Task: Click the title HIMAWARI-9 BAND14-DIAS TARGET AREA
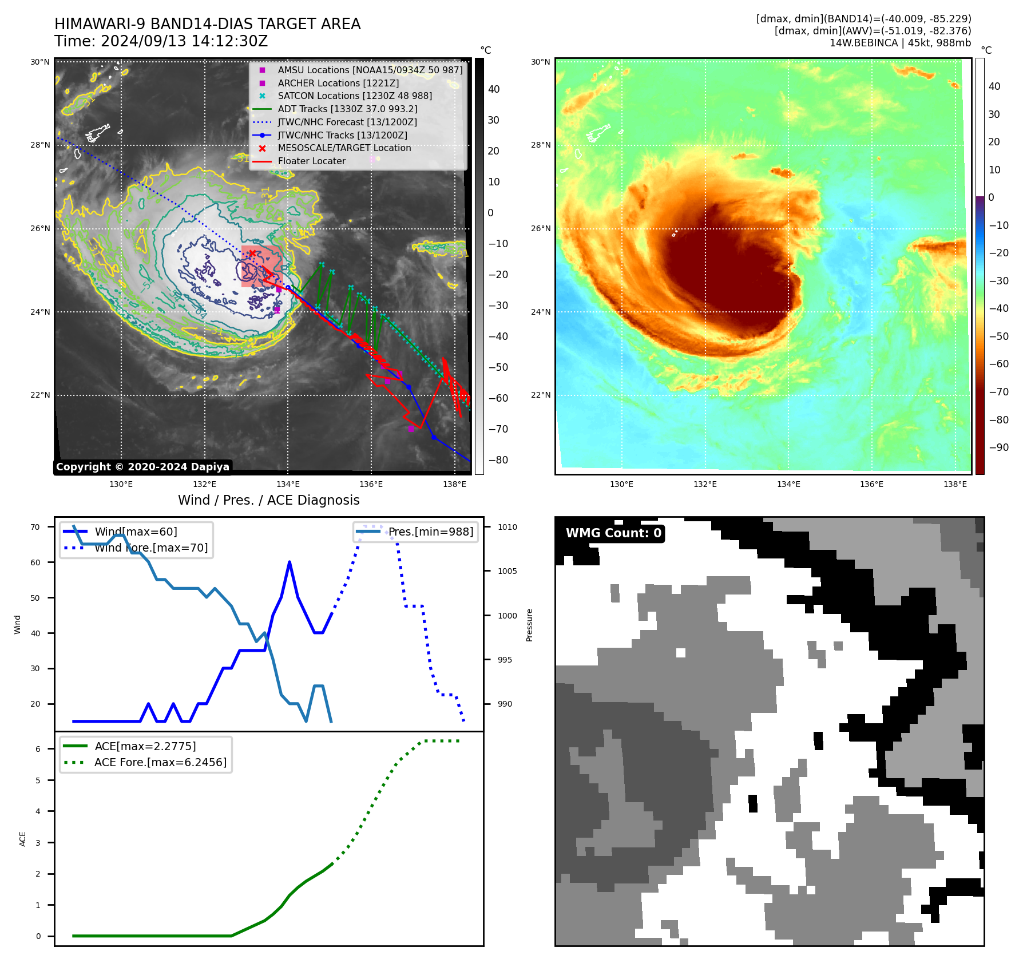pyautogui.click(x=207, y=24)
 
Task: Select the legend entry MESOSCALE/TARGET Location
pyautogui.click(x=344, y=148)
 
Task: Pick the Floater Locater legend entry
pyautogui.click(x=311, y=161)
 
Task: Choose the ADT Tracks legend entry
pyautogui.click(x=347, y=109)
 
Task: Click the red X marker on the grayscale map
pyautogui.click(x=252, y=253)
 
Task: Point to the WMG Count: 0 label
pyautogui.click(x=613, y=533)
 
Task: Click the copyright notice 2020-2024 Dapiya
pyautogui.click(x=142, y=467)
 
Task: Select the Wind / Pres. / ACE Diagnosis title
pyautogui.click(x=268, y=500)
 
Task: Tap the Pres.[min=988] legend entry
pyautogui.click(x=430, y=532)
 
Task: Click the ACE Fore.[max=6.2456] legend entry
pyautogui.click(x=160, y=762)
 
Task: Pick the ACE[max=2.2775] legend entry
pyautogui.click(x=145, y=746)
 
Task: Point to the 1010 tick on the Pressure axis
pyautogui.click(x=507, y=527)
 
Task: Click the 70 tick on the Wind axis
pyautogui.click(x=35, y=527)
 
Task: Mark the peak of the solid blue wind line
pyautogui.click(x=290, y=562)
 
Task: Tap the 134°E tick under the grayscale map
pyautogui.click(x=287, y=484)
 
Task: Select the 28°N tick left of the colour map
pyautogui.click(x=541, y=145)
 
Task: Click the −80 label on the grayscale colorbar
pyautogui.click(x=498, y=460)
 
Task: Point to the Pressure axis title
pyautogui.click(x=529, y=625)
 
